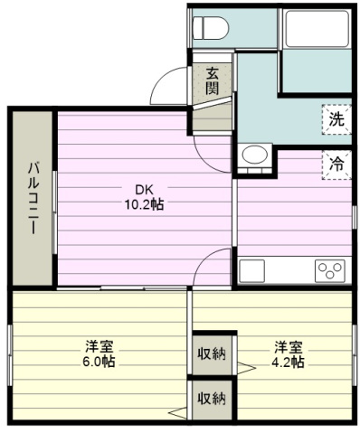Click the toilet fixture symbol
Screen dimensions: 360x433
pyautogui.click(x=211, y=28)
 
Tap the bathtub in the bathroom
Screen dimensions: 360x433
pyautogui.click(x=317, y=29)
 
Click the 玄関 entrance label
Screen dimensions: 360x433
pyautogui.click(x=213, y=81)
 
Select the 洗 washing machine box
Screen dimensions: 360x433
pyautogui.click(x=336, y=119)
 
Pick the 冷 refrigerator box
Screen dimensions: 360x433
pyautogui.click(x=336, y=165)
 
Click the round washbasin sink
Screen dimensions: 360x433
pyautogui.click(x=255, y=155)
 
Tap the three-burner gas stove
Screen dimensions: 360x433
pyautogui.click(x=330, y=270)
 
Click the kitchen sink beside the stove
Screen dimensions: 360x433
pyautogui.click(x=251, y=270)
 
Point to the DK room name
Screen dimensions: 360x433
pyautogui.click(x=145, y=190)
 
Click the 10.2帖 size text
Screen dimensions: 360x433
pyautogui.click(x=145, y=205)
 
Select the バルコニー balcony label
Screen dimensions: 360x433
pyautogui.click(x=33, y=198)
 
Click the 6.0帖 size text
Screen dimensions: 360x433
pyautogui.click(x=99, y=362)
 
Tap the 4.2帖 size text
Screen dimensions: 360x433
pyautogui.click(x=288, y=362)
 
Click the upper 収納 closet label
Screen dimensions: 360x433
pyautogui.click(x=212, y=353)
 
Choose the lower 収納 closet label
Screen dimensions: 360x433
pyautogui.click(x=212, y=399)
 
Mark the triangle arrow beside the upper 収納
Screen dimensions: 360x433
pyautogui.click(x=246, y=368)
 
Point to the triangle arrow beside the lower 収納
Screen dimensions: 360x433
pyautogui.click(x=178, y=412)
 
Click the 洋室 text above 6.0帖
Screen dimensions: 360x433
pyautogui.click(x=99, y=347)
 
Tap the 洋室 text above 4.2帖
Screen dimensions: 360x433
pyautogui.click(x=288, y=347)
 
